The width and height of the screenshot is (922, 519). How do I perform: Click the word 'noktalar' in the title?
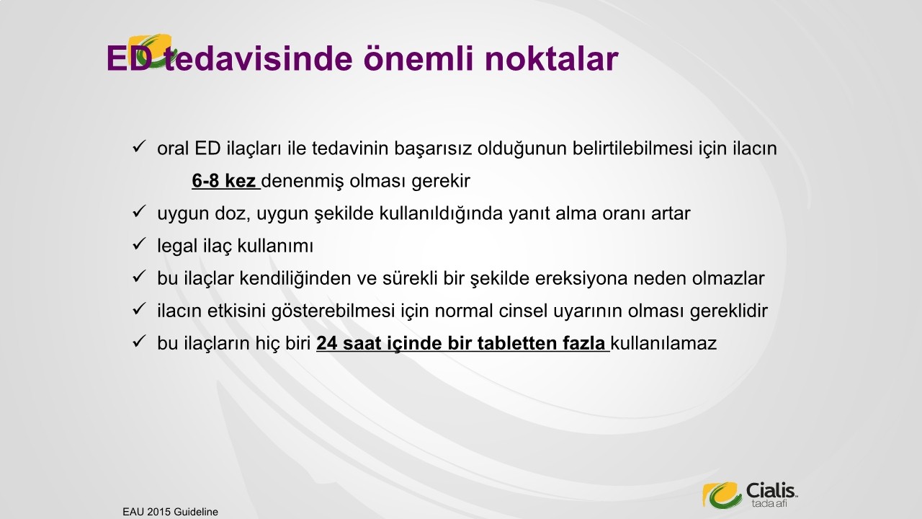[552, 58]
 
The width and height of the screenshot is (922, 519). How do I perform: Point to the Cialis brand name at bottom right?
[771, 491]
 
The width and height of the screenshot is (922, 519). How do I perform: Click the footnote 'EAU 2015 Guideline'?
[171, 512]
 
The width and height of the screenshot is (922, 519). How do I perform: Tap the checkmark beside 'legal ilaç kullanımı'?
[139, 244]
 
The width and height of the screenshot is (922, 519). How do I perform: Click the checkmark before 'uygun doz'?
[139, 211]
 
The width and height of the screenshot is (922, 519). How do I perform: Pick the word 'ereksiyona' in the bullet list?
[581, 279]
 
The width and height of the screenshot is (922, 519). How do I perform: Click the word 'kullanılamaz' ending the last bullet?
[663, 344]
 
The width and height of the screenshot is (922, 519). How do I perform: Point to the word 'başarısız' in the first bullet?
[433, 148]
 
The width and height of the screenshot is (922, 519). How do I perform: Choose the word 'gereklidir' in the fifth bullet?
[728, 311]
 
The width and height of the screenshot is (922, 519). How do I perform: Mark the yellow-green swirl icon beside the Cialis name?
[722, 494]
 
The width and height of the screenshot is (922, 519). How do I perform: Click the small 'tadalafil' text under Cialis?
[769, 503]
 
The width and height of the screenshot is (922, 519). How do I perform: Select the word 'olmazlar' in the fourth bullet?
[728, 279]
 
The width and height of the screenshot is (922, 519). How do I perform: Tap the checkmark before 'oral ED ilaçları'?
[139, 146]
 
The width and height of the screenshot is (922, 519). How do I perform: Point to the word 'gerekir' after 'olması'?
[442, 182]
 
